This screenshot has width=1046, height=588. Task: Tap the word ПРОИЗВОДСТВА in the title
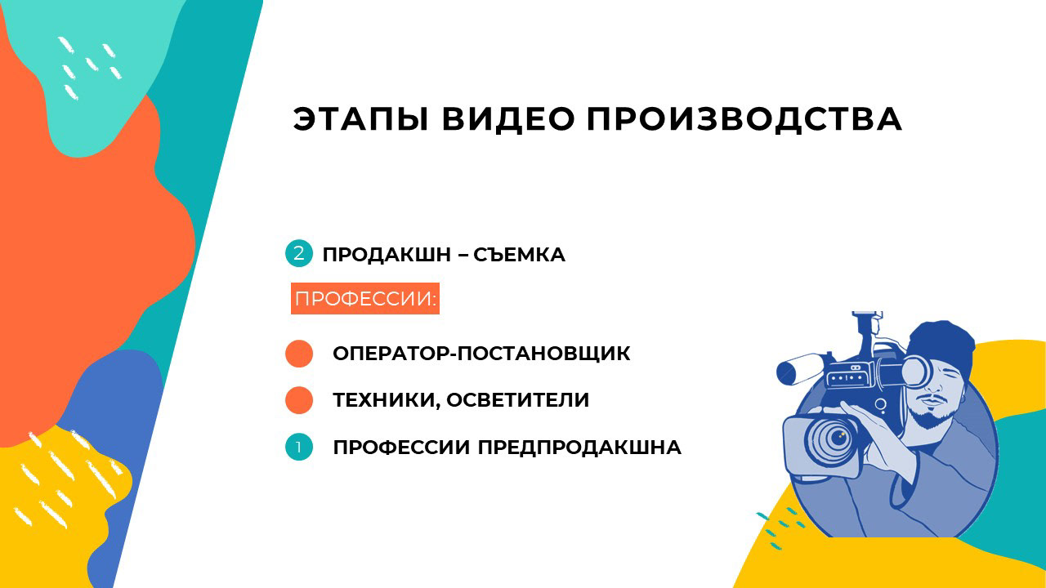[x=744, y=119]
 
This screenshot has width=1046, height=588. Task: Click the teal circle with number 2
[x=298, y=253]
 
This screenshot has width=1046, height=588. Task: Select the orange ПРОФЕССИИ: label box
[x=365, y=299]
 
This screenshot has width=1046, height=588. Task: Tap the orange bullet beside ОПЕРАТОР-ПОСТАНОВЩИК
[x=299, y=354]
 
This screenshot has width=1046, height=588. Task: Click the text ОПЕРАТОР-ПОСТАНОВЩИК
[x=481, y=354]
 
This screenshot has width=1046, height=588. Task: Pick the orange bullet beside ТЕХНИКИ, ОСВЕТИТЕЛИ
[x=299, y=400]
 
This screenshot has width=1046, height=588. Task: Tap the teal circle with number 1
[x=299, y=447]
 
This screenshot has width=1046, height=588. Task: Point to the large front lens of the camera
[x=834, y=438]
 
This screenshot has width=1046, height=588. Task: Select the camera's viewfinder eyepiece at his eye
[x=917, y=372]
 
